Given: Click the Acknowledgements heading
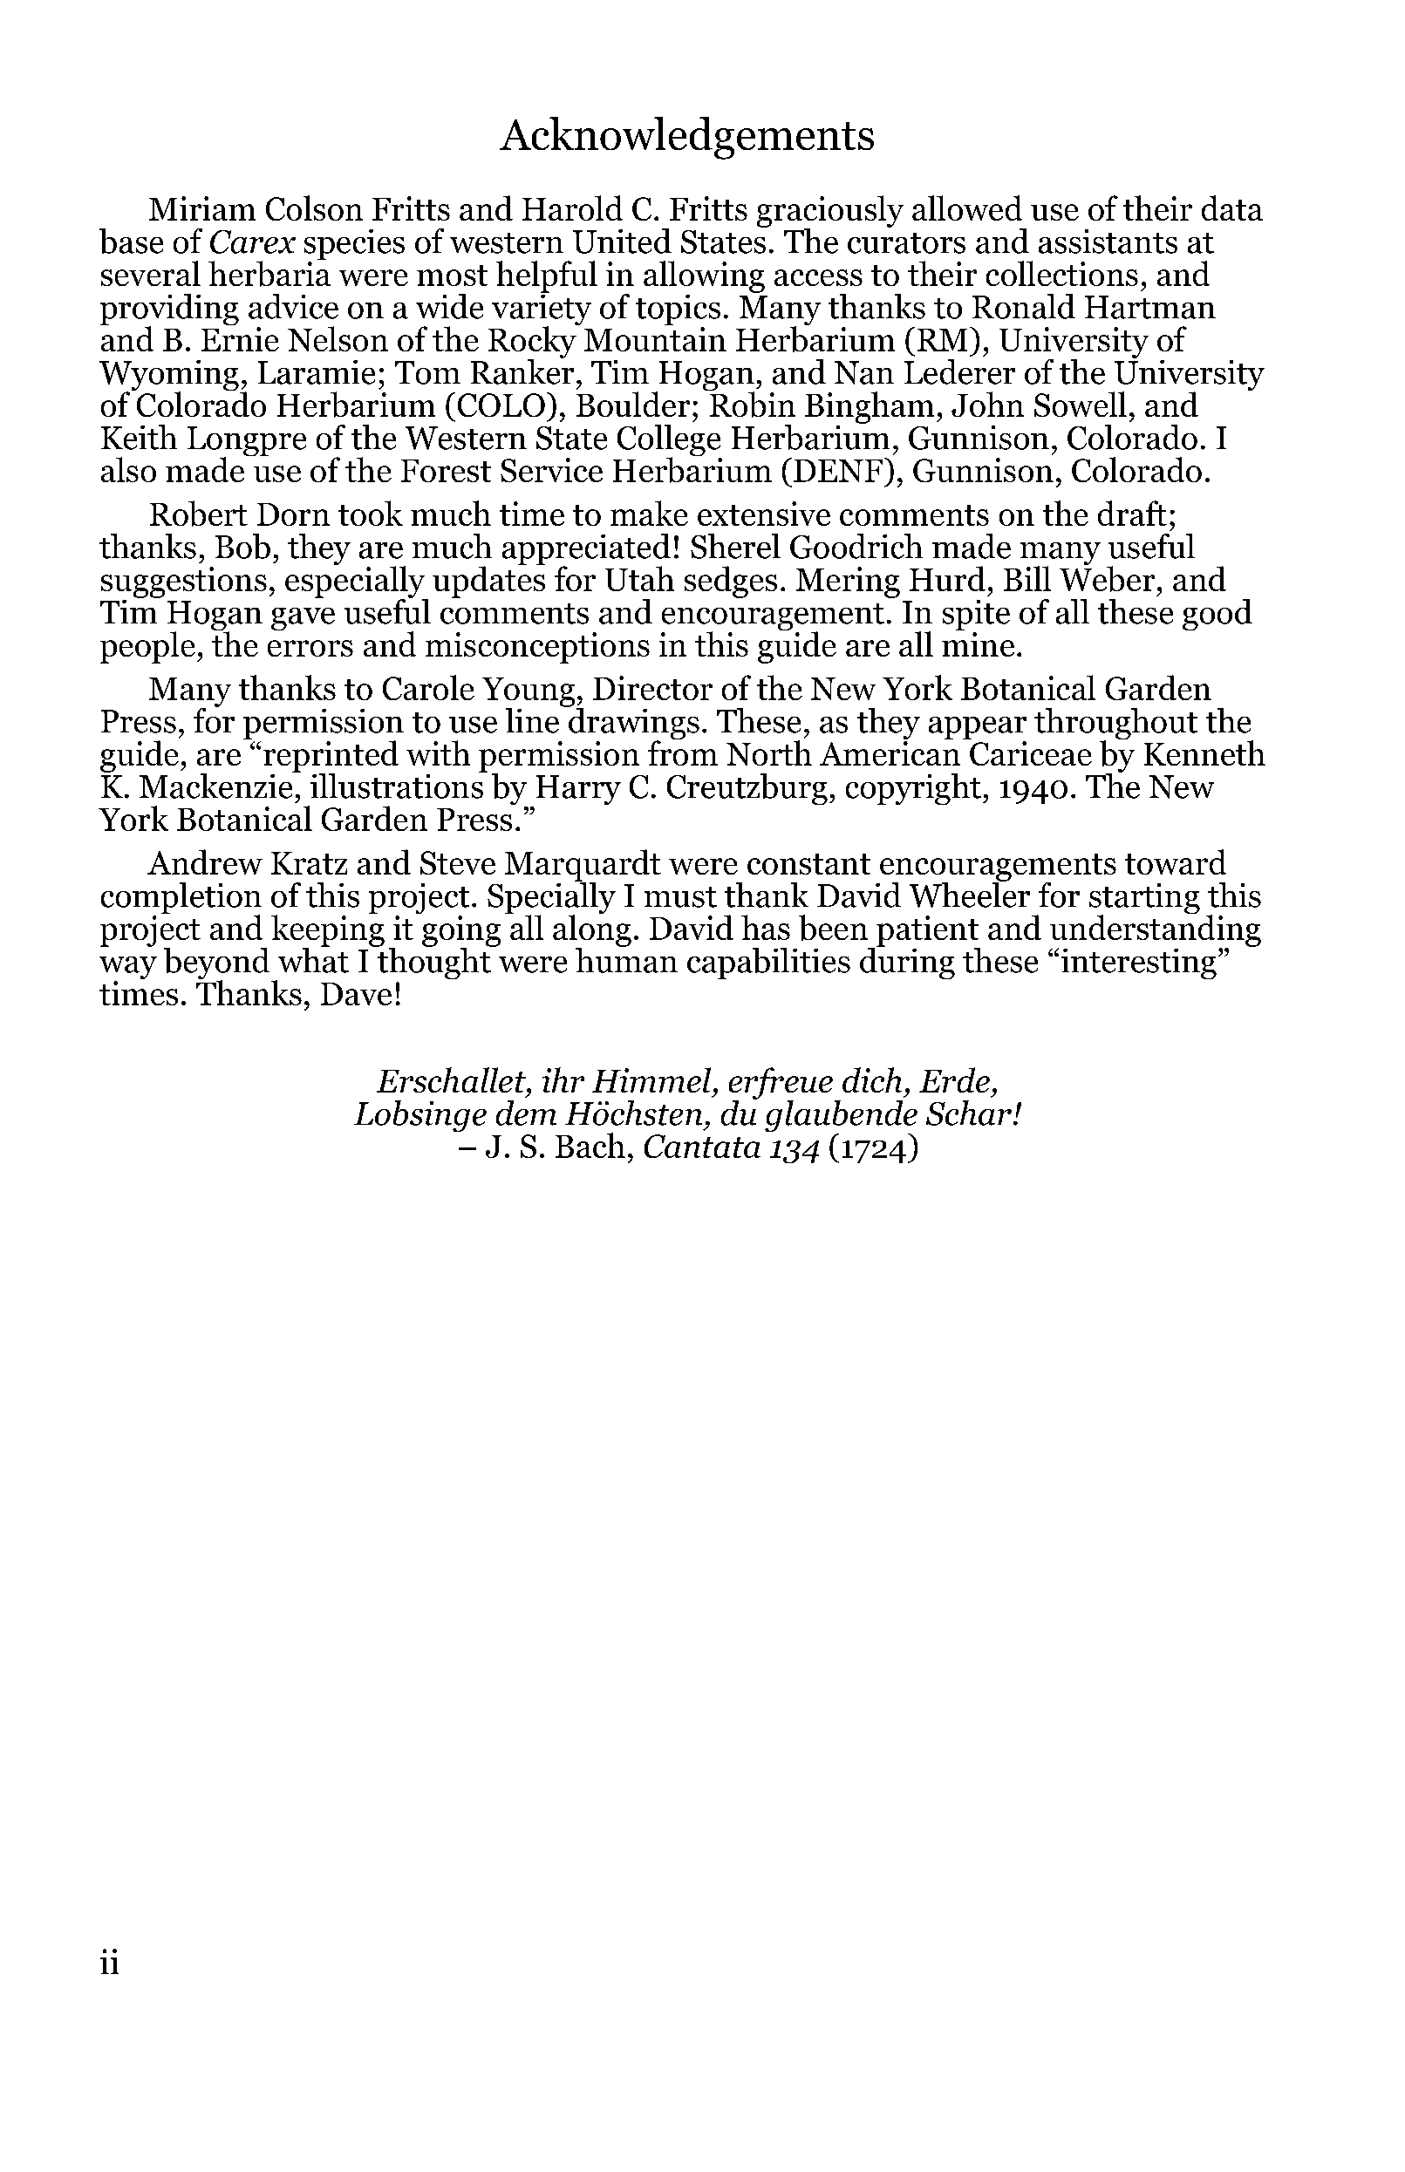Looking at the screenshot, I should [687, 137].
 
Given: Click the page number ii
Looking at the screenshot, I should [110, 1963].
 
